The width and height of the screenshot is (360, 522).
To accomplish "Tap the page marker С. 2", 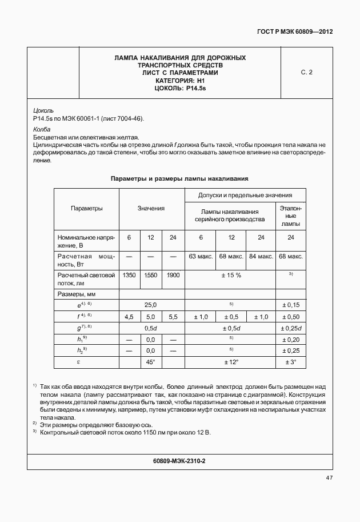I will coord(306,73).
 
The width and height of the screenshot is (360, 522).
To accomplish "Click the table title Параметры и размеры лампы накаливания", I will coord(179,179).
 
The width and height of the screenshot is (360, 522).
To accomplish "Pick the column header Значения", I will coord(151,209).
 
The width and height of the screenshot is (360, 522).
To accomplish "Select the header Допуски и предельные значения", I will coord(245,196).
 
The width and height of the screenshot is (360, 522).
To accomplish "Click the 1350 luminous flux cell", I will coord(129,275).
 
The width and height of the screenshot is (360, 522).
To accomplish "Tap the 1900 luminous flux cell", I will coord(173,275).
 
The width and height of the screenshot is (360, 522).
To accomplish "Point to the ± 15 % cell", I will coord(231,275).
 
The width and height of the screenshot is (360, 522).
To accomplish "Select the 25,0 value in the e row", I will coord(151,305).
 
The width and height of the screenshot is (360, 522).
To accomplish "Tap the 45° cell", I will coord(151,361).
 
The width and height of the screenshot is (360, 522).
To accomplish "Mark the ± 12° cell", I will coord(231,361).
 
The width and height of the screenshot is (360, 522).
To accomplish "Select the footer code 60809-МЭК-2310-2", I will coord(179,460).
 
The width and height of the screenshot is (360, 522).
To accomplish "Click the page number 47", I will coord(329,477).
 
